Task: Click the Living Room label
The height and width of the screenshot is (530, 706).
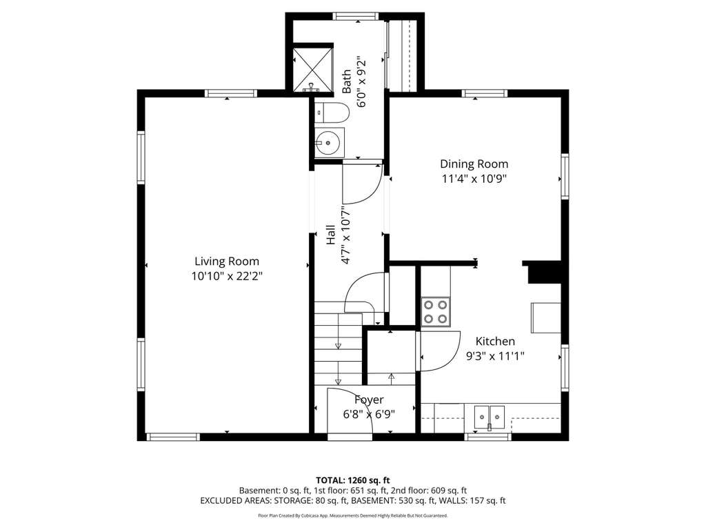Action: pyautogui.click(x=226, y=262)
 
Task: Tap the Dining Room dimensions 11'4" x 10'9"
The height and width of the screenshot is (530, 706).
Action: pyautogui.click(x=474, y=179)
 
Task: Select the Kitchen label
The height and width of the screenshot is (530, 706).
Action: pyautogui.click(x=495, y=341)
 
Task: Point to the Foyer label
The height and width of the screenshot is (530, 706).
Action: pyautogui.click(x=369, y=400)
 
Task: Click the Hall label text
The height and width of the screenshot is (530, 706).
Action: pyautogui.click(x=330, y=235)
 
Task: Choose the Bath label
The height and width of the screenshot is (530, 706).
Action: pyautogui.click(x=346, y=81)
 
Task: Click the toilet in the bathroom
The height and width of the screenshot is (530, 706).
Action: pyautogui.click(x=332, y=112)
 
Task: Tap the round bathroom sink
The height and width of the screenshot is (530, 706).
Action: pyautogui.click(x=329, y=143)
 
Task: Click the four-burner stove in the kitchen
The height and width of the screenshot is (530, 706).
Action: pyautogui.click(x=436, y=311)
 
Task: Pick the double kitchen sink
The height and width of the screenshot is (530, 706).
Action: pyautogui.click(x=489, y=417)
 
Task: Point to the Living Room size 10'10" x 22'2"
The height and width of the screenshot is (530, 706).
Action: pyautogui.click(x=226, y=276)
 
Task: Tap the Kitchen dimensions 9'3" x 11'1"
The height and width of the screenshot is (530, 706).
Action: pyautogui.click(x=495, y=357)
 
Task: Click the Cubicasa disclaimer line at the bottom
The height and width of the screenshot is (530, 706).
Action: pyautogui.click(x=352, y=516)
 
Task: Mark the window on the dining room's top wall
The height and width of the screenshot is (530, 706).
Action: pyautogui.click(x=485, y=93)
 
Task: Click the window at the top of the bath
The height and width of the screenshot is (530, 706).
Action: pyautogui.click(x=356, y=17)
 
